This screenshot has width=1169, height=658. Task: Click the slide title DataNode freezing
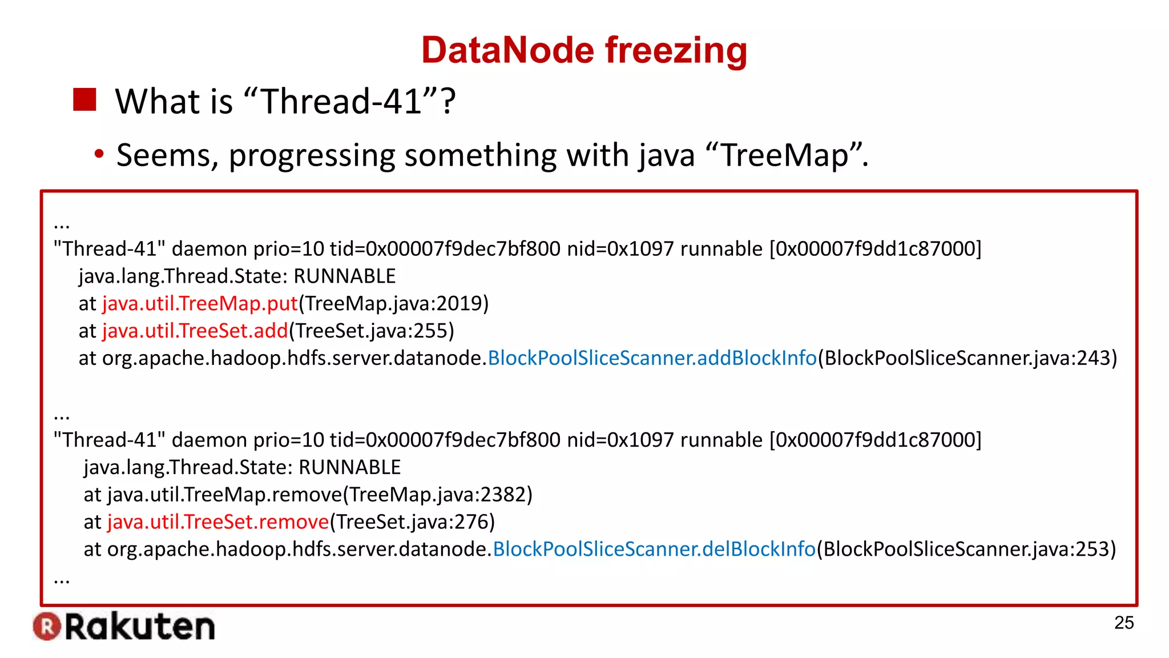tap(584, 50)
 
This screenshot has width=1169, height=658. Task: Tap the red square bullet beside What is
tap(84, 100)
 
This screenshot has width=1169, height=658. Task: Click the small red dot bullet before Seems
tap(99, 154)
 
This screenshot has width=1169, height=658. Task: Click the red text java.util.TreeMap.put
tap(200, 303)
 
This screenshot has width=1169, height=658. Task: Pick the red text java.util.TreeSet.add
tap(195, 331)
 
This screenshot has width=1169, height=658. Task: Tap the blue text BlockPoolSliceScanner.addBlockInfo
tap(652, 358)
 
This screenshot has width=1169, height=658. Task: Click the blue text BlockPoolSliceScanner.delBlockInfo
tap(654, 549)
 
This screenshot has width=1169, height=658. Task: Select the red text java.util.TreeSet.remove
tap(218, 521)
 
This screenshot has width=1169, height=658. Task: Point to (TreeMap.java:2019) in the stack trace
tap(394, 303)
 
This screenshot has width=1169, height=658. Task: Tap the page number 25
tap(1123, 623)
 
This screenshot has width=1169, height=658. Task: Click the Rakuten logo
tap(124, 627)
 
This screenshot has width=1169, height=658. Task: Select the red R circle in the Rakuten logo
tap(47, 627)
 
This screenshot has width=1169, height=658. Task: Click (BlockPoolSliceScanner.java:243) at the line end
tap(968, 358)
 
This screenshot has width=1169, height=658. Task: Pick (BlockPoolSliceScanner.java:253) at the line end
tap(966, 549)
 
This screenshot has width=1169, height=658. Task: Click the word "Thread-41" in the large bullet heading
tap(341, 102)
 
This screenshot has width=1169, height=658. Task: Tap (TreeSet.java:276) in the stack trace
tap(412, 521)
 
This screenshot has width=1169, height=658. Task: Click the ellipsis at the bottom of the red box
tap(61, 580)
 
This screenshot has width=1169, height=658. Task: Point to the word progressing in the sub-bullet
tap(312, 156)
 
